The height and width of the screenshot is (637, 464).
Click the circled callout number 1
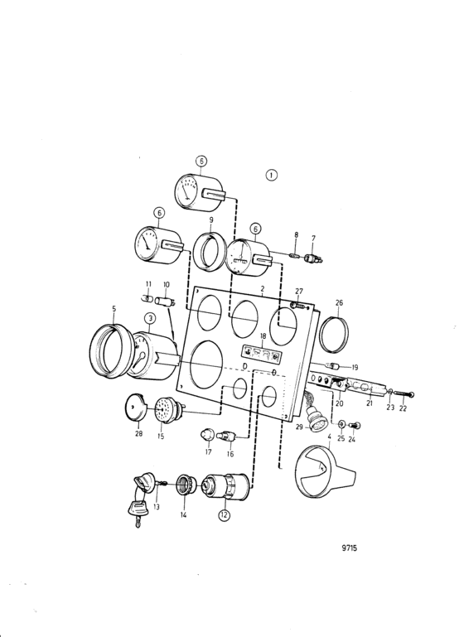272,175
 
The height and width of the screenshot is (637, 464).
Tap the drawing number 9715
349,548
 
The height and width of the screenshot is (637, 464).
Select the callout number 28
139,433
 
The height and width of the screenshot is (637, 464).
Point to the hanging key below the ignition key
135,512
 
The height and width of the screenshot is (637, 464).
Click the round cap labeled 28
136,406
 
